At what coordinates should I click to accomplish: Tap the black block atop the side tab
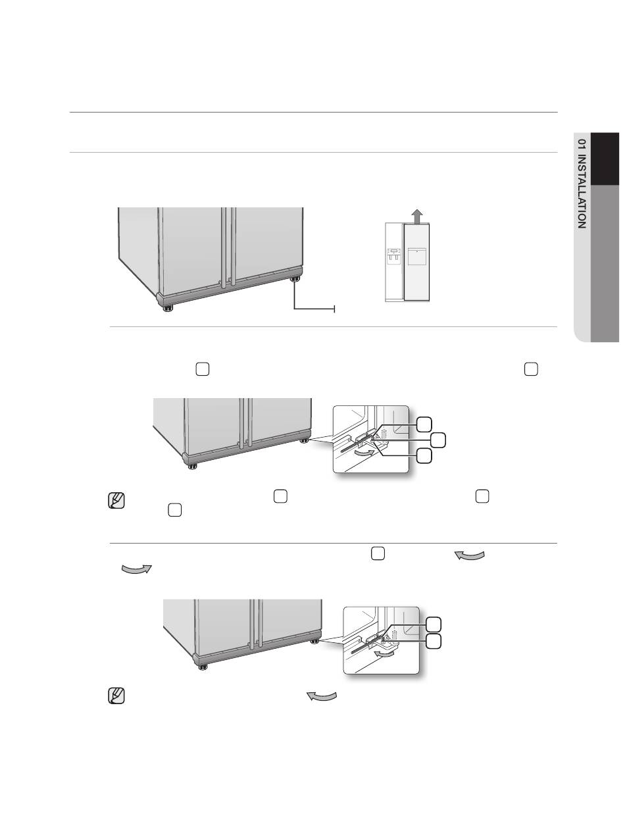click(x=605, y=159)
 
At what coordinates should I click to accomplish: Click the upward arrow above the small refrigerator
click(x=416, y=216)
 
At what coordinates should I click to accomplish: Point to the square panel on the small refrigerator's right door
click(x=416, y=256)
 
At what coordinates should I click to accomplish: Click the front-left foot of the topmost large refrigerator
click(x=168, y=308)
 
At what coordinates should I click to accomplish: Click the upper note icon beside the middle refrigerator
click(x=116, y=501)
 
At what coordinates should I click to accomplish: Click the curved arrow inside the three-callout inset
click(x=364, y=453)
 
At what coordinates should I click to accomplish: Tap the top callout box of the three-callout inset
click(x=424, y=424)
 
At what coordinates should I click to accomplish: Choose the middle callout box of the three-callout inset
click(x=438, y=440)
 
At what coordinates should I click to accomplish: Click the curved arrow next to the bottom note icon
click(x=322, y=696)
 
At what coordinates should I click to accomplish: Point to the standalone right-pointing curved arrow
click(x=137, y=569)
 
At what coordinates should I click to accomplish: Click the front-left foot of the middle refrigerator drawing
click(x=192, y=466)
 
